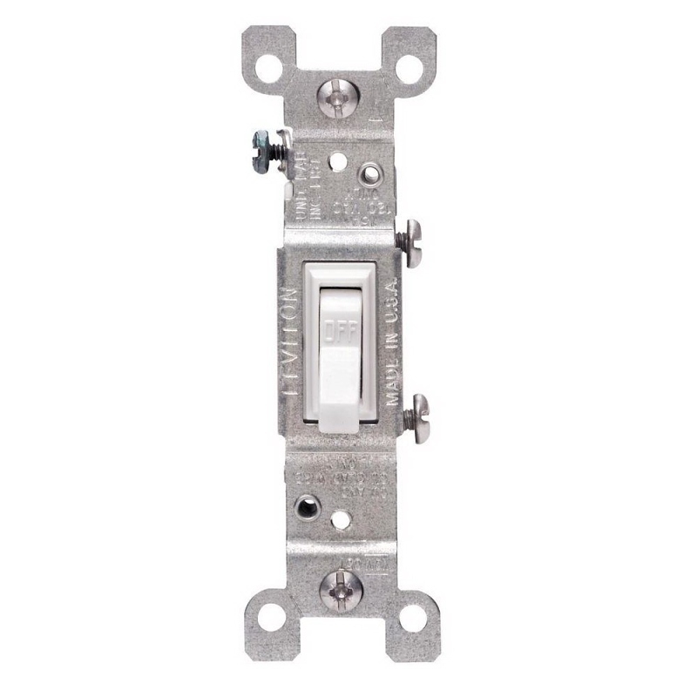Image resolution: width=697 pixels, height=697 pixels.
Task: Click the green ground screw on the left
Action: pyautogui.click(x=261, y=139)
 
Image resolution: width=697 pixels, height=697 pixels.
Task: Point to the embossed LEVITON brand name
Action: pyautogui.click(x=290, y=345)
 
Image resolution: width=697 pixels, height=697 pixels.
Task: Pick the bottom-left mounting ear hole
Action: pyautogui.click(x=268, y=619)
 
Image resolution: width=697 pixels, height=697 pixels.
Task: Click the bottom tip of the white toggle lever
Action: pyautogui.click(x=340, y=423)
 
